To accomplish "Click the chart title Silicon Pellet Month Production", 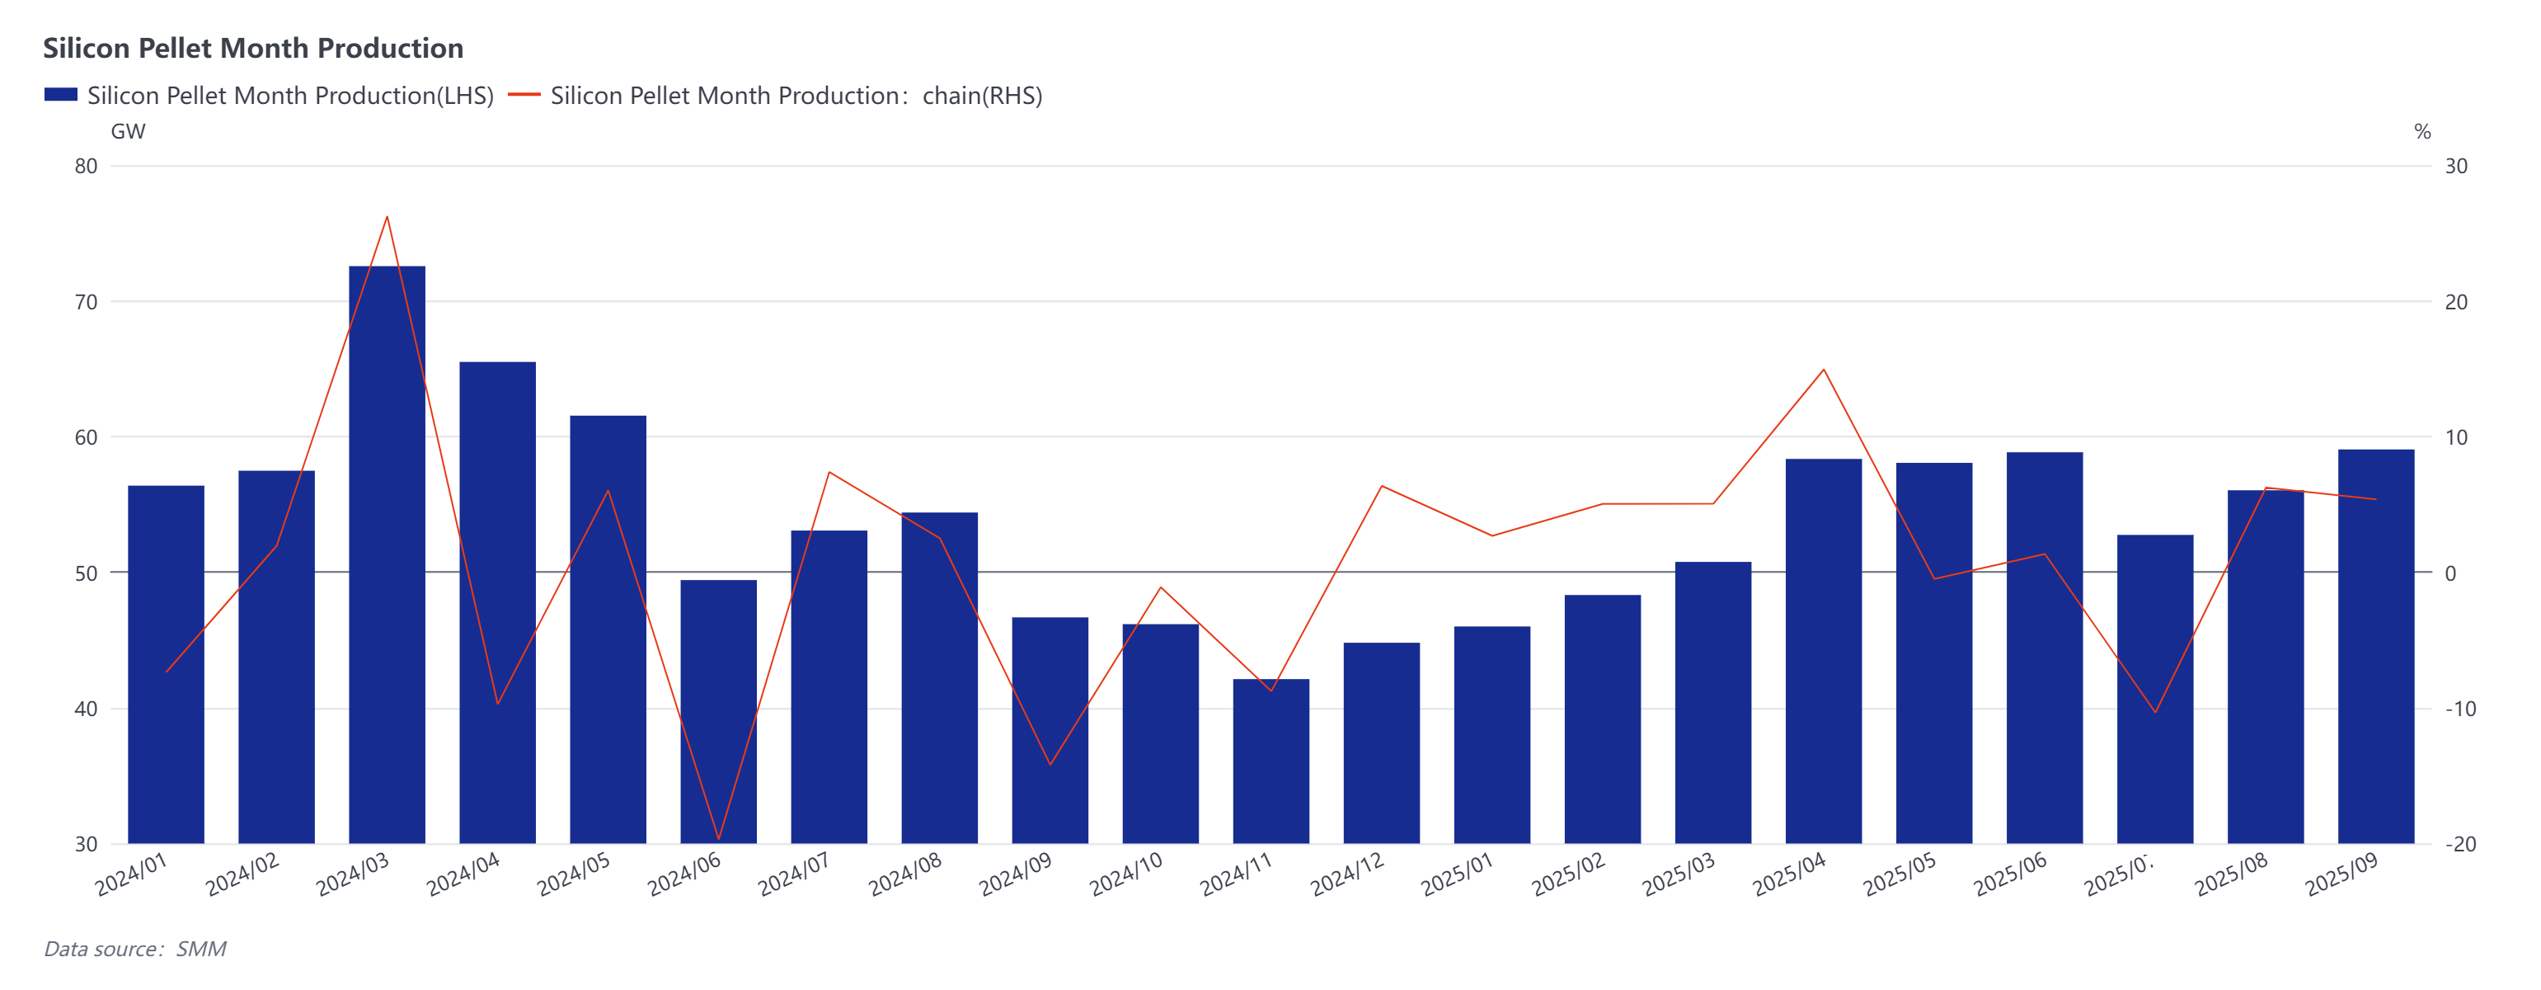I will pos(252,49).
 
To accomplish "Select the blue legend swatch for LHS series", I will pos(60,95).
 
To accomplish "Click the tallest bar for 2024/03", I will pos(387,553).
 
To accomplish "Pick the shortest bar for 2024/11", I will pos(1270,760).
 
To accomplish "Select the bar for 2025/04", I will pos(1823,652).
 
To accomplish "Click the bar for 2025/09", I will pos(2375,647).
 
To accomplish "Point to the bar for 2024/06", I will pos(718,710).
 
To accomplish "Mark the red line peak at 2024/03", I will pos(387,216).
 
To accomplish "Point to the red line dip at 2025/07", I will pos(2154,713).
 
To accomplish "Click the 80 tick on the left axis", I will pos(87,166).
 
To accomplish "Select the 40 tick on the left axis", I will pos(87,709).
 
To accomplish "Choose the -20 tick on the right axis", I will pos(2460,844).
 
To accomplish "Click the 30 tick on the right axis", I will pos(2456,166).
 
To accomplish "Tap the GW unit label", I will pos(129,131).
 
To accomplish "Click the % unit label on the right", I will pos(2421,131).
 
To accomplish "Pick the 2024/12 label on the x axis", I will pos(1347,874).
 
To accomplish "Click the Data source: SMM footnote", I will pos(135,949).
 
